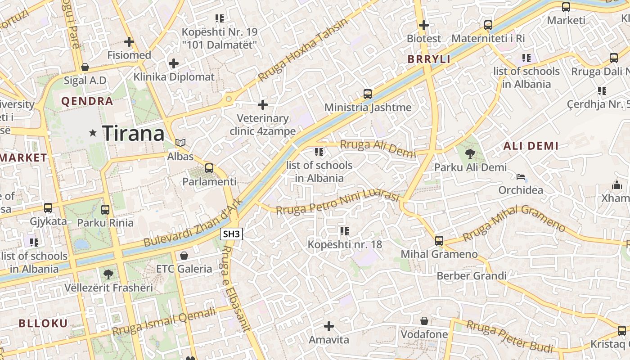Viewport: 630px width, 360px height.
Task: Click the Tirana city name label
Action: click(x=133, y=134)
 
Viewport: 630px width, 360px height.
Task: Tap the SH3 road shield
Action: click(x=232, y=234)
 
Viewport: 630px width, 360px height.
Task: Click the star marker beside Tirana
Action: click(x=93, y=133)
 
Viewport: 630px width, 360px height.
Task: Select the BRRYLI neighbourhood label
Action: click(x=429, y=59)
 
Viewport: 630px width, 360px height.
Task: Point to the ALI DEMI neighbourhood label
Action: click(x=531, y=146)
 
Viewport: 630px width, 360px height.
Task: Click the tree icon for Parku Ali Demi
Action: click(x=470, y=154)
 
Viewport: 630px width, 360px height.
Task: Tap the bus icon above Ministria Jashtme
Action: click(x=368, y=94)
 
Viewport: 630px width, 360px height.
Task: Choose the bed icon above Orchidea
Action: click(x=521, y=176)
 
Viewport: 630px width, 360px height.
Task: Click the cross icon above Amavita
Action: click(x=329, y=326)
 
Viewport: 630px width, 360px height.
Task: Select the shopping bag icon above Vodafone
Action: click(x=424, y=321)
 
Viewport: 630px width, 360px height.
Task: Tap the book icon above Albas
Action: click(x=180, y=143)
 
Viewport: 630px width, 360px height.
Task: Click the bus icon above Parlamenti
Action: click(x=209, y=168)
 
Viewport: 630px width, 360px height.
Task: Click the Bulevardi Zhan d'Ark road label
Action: click(x=193, y=222)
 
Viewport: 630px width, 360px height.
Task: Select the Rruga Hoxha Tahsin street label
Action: click(x=303, y=50)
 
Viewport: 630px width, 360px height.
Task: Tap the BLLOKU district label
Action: click(x=43, y=323)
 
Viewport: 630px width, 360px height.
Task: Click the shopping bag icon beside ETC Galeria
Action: click(x=184, y=256)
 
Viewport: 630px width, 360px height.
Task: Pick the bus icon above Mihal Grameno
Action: click(x=439, y=241)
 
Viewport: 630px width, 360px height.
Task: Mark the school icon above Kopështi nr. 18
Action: click(x=345, y=231)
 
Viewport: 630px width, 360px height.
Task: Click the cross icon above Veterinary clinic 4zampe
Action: click(x=263, y=105)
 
